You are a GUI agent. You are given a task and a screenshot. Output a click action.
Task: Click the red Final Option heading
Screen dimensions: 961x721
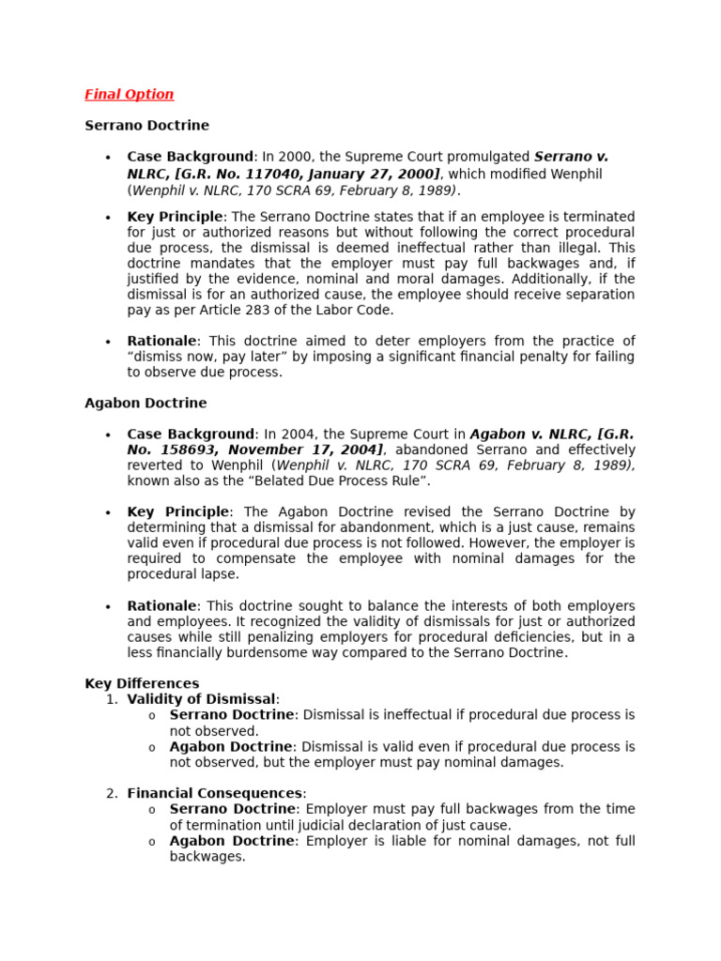coord(129,94)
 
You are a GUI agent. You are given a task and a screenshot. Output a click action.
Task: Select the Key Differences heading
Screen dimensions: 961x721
coord(142,683)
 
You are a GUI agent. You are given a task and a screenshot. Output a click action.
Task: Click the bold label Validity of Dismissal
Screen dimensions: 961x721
coord(201,699)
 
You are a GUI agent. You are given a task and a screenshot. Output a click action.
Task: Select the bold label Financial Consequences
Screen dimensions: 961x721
coord(215,793)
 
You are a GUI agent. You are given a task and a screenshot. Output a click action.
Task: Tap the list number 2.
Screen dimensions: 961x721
coord(112,793)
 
